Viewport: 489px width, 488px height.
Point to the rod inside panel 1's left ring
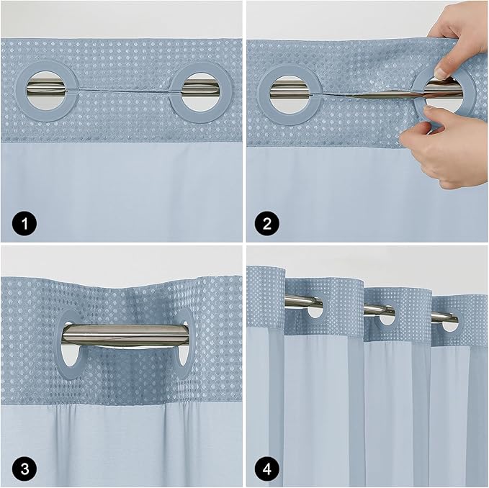(49, 89)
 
